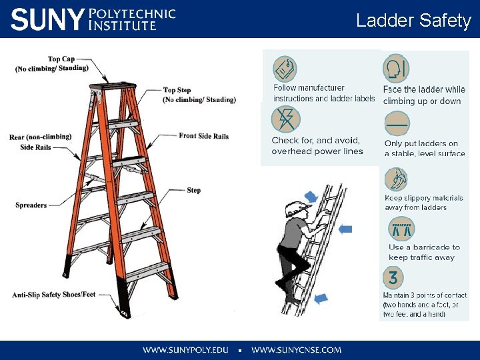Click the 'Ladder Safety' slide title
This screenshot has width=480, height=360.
(x=413, y=21)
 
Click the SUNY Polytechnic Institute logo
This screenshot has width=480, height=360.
(x=93, y=19)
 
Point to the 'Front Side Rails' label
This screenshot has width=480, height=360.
(x=203, y=136)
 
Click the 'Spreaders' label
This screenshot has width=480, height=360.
(x=31, y=205)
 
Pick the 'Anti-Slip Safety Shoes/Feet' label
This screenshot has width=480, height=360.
(x=54, y=295)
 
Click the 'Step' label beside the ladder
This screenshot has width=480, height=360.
(x=193, y=190)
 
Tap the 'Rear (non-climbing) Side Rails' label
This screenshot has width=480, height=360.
(x=40, y=141)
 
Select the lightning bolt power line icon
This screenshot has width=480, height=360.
(x=285, y=120)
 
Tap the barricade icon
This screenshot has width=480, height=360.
(x=401, y=229)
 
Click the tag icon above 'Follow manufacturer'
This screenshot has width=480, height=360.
(x=285, y=69)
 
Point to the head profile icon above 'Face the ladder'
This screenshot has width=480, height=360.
(x=395, y=68)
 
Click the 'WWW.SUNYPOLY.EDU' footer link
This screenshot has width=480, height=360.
(x=185, y=349)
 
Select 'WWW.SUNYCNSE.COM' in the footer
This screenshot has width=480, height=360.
(x=297, y=349)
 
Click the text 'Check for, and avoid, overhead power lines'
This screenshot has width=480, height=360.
(x=317, y=145)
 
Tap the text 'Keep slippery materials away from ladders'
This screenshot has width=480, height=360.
(x=423, y=203)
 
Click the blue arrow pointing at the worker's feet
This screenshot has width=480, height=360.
(x=321, y=298)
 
